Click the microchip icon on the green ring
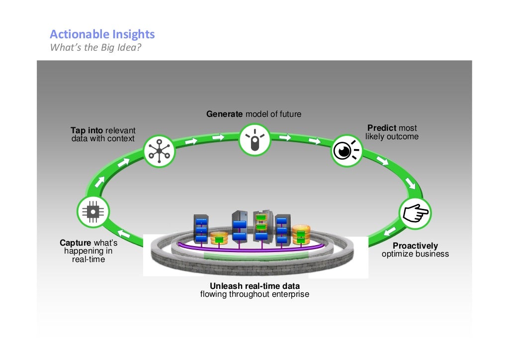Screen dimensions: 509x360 point(93,212)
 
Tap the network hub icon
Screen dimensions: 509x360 point(159,151)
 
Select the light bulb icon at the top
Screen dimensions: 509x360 point(255,140)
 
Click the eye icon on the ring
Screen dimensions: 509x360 point(346,151)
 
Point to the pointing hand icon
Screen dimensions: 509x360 point(415,213)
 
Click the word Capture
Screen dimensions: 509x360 point(76,243)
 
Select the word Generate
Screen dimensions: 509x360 point(224,114)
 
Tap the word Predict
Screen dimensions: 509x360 point(382,128)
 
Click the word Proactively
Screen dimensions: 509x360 point(415,246)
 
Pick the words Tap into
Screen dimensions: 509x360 point(86,130)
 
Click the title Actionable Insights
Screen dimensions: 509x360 point(102,34)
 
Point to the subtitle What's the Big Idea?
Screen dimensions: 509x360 point(96,47)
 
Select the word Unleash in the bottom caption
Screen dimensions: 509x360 point(227,286)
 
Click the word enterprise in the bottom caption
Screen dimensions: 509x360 point(290,294)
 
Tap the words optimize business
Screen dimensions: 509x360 point(415,254)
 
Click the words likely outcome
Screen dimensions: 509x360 point(392,136)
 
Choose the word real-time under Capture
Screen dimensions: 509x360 point(88,260)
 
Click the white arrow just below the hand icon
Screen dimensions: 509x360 point(390,231)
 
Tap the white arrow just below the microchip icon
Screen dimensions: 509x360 point(124,233)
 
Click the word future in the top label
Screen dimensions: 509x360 point(290,114)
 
